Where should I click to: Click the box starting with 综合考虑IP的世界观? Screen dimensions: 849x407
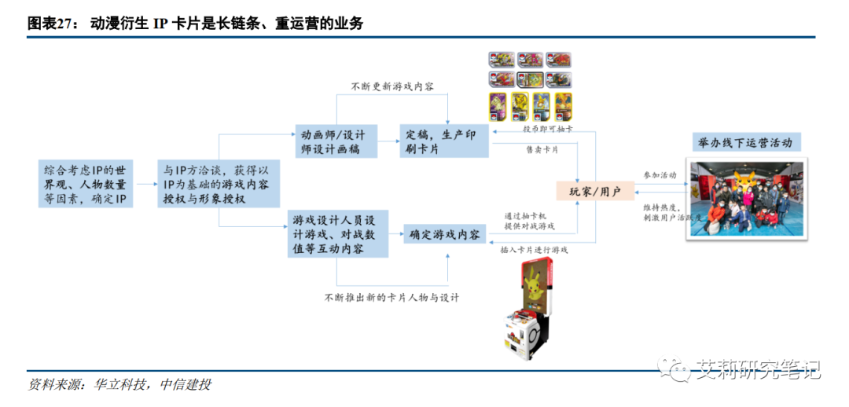click(x=86, y=185)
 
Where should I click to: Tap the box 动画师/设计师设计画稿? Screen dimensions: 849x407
click(x=336, y=141)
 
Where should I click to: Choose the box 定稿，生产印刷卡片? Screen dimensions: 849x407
click(x=444, y=141)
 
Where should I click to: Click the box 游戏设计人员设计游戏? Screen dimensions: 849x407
click(x=336, y=234)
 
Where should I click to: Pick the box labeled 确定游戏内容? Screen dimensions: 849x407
click(x=444, y=234)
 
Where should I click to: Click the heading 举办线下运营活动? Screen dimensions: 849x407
click(x=744, y=142)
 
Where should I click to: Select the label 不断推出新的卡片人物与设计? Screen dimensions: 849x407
click(x=391, y=298)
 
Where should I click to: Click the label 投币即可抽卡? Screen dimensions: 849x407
click(x=548, y=129)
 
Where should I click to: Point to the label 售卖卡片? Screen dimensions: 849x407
click(x=542, y=149)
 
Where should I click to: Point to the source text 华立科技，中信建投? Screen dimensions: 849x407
click(x=153, y=384)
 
